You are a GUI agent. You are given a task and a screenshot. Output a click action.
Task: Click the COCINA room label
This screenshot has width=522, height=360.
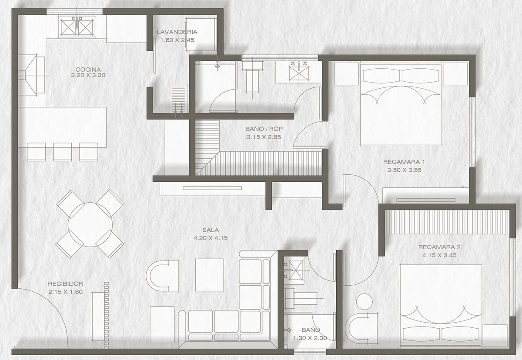point(88,70)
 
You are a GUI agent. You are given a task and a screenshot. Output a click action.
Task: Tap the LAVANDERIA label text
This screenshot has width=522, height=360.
point(177,32)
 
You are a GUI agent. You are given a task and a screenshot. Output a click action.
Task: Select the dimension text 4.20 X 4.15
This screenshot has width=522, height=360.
point(211,238)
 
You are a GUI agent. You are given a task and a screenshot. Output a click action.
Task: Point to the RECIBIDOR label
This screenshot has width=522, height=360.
point(66,283)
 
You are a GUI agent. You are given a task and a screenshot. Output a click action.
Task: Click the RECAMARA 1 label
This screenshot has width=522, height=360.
point(404,162)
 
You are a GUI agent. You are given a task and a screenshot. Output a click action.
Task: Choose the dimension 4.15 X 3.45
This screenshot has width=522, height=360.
point(439,255)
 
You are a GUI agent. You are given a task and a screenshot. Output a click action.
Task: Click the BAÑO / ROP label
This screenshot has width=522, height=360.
point(264,129)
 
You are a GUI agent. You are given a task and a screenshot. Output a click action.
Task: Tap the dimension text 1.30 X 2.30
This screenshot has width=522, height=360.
point(310,338)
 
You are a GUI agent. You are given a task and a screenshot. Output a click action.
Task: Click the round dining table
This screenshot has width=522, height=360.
point(90,224)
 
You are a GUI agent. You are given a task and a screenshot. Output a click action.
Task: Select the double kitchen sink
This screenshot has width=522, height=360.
point(77,27)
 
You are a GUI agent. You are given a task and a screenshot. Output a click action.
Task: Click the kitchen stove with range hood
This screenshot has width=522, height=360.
point(31,75)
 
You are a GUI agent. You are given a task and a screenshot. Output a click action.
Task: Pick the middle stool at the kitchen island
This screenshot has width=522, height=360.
point(63,152)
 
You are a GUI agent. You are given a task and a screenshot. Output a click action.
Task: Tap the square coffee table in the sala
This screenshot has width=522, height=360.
point(210,275)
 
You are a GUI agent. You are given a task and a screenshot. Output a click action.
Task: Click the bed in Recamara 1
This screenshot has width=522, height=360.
point(401,104)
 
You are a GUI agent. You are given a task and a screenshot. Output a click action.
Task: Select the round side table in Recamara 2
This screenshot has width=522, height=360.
point(365,302)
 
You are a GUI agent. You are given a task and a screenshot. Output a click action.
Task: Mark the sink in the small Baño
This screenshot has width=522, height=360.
point(294,270)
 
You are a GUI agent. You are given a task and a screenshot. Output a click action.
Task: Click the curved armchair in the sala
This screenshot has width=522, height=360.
point(162,276)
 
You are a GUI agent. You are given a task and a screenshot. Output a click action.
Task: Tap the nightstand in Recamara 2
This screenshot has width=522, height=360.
point(495,335)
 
